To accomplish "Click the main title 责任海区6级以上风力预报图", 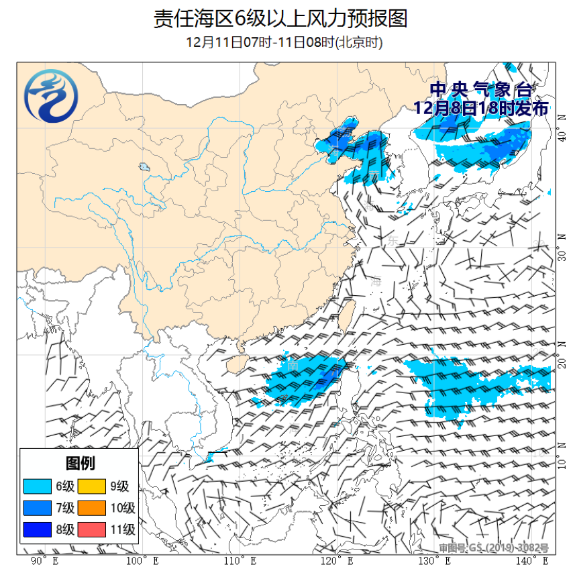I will [x=280, y=18].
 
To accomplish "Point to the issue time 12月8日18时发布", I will [x=480, y=107].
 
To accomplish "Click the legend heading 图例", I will [x=79, y=463].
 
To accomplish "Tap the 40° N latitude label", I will [x=562, y=136].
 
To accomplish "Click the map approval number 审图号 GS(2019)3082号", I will [x=494, y=548].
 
